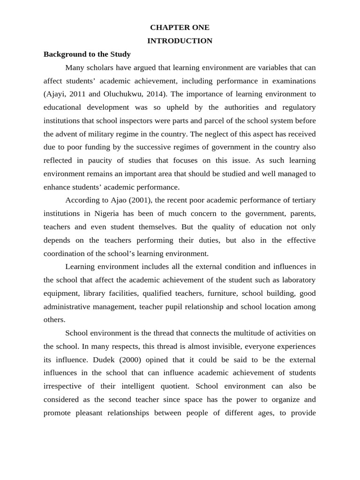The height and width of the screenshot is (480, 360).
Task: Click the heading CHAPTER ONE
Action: point(180,28)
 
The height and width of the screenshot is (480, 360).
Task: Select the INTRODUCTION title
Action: point(180,41)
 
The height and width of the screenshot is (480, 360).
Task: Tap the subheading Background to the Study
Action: point(87,54)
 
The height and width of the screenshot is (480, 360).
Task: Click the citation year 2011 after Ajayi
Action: point(77,94)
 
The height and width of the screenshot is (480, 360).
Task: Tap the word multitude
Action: point(243,333)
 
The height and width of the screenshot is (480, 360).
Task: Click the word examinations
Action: point(290,81)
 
